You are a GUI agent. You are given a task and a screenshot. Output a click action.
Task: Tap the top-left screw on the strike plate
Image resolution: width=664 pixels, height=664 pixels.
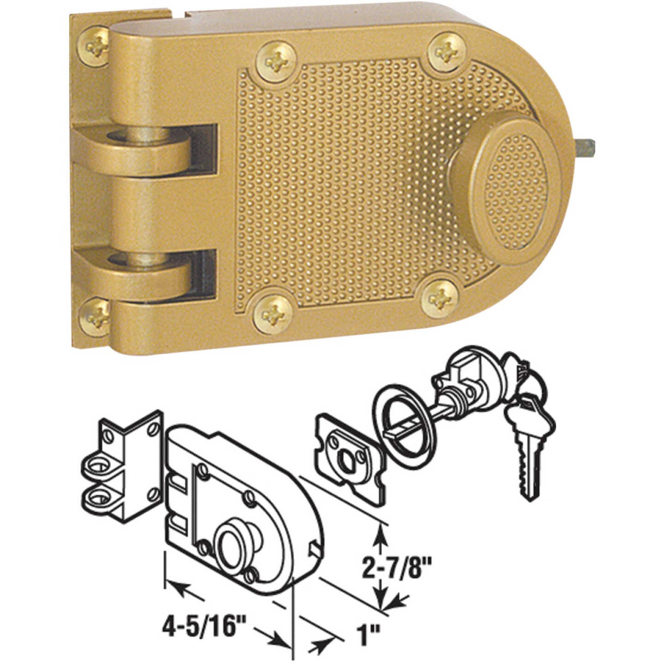[95, 46]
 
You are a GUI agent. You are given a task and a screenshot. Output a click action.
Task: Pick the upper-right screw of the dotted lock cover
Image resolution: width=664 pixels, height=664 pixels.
[443, 51]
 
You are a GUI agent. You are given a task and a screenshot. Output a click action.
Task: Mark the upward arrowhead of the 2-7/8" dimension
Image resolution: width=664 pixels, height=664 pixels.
[380, 535]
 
